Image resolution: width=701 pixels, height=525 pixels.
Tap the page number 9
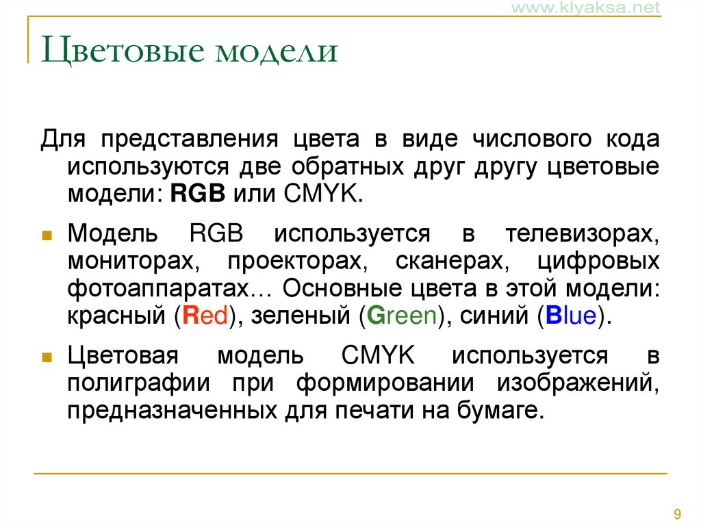(x=677, y=513)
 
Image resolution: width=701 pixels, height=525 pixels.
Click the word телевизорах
(x=583, y=234)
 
